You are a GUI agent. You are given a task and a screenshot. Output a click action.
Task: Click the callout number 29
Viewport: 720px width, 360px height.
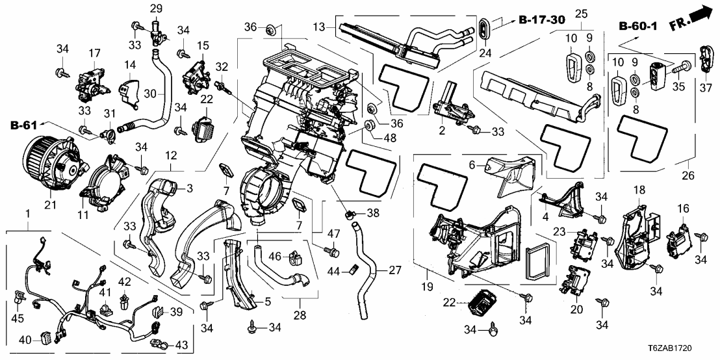click(x=156, y=8)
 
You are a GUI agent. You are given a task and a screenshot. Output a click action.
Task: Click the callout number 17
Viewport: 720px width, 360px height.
click(x=94, y=53)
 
